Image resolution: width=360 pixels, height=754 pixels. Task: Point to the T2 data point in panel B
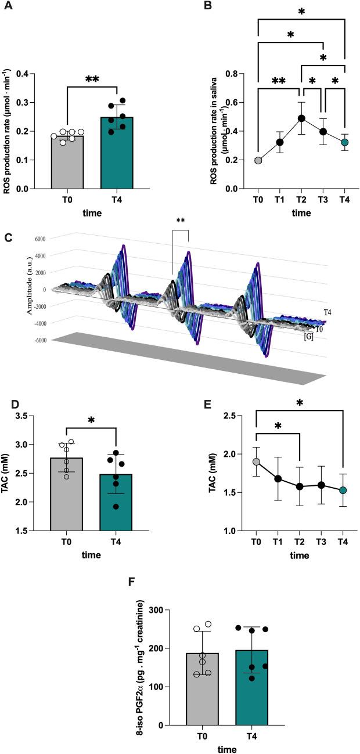tap(301, 118)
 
